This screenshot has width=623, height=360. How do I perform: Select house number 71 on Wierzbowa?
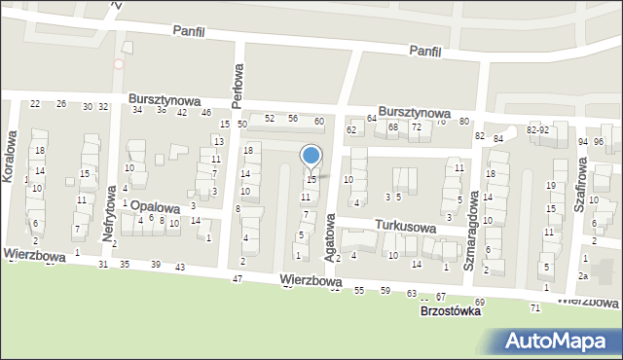[x=535, y=307]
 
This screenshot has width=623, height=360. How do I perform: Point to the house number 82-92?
[x=538, y=129]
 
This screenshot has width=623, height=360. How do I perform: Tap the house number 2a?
[x=583, y=276]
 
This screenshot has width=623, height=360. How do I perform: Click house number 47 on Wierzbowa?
[x=237, y=279]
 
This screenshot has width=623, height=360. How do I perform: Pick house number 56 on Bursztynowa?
[x=293, y=119]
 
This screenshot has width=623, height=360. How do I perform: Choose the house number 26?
[x=60, y=104]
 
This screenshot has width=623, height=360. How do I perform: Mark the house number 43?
[x=180, y=267]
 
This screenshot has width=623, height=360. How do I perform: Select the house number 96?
[x=599, y=142]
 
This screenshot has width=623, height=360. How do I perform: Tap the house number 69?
[x=479, y=303]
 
